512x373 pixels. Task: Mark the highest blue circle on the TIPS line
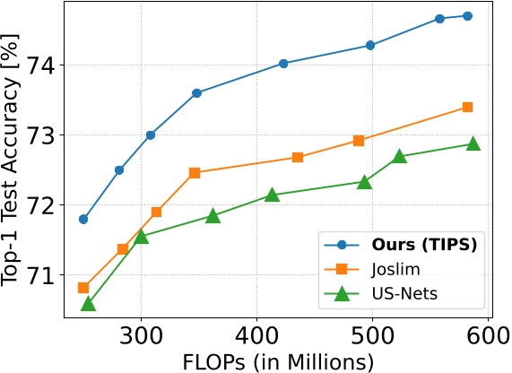(x=467, y=15)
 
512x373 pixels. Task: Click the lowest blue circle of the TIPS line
(x=83, y=219)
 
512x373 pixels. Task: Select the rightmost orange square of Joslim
(x=467, y=107)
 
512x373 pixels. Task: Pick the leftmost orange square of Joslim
(x=83, y=288)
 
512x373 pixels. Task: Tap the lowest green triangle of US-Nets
(x=88, y=304)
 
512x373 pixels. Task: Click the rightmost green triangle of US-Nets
(x=473, y=143)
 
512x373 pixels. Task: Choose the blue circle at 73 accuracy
(x=151, y=134)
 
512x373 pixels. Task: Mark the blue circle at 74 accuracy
(x=283, y=63)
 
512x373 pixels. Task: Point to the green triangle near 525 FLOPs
(x=400, y=156)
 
